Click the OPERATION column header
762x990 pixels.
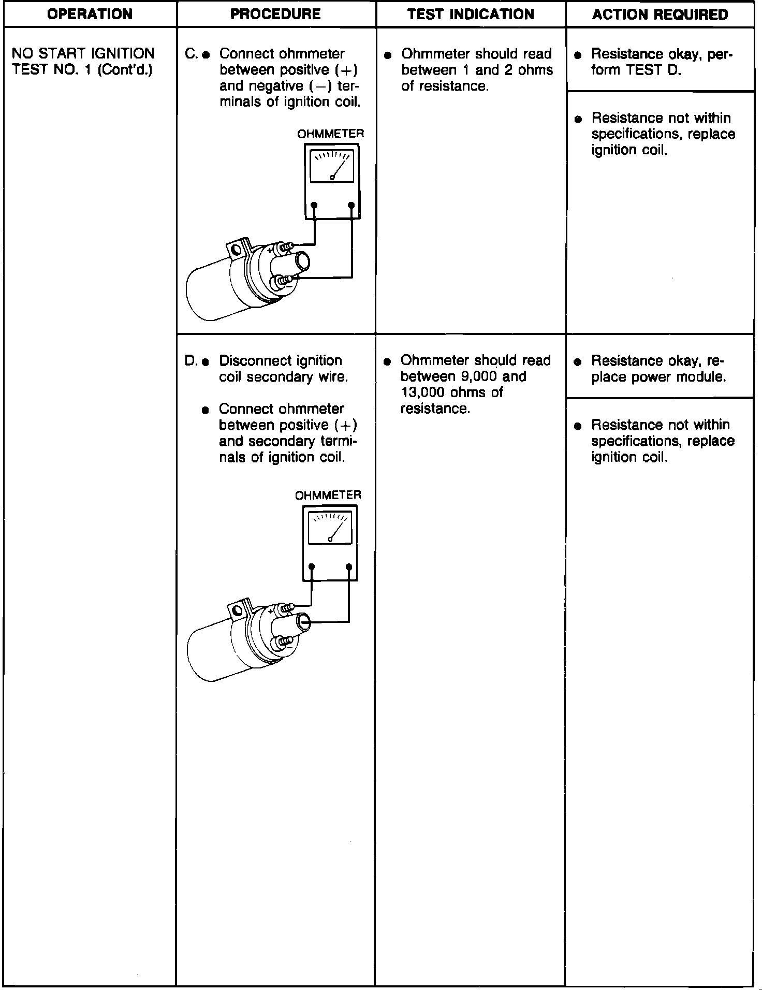(x=90, y=14)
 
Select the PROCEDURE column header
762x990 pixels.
(x=275, y=14)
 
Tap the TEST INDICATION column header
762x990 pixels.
(x=471, y=14)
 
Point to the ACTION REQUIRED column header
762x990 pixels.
(x=660, y=14)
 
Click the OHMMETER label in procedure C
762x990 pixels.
(x=330, y=134)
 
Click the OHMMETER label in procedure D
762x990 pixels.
(x=328, y=495)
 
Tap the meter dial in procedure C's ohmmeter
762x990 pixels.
(x=332, y=166)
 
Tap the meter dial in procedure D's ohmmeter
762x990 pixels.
(x=330, y=528)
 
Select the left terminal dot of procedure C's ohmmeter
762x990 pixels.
(x=314, y=206)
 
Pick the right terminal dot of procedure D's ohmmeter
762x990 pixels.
(x=349, y=567)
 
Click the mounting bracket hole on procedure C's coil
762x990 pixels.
(x=237, y=251)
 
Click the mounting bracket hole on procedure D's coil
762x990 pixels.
(x=237, y=611)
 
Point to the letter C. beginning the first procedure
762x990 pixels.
(x=190, y=54)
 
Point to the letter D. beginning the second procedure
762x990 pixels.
(x=190, y=360)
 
